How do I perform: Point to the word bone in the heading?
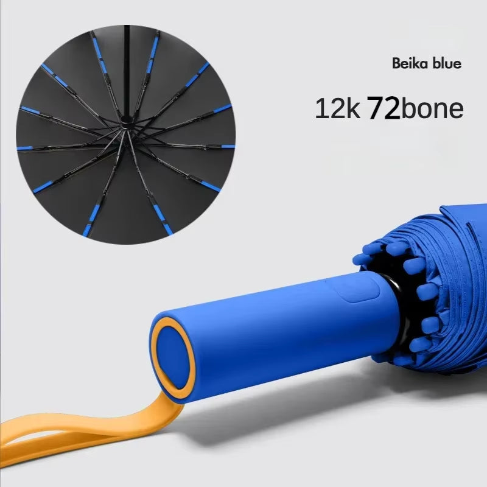click(433, 109)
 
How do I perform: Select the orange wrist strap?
click(91, 429)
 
